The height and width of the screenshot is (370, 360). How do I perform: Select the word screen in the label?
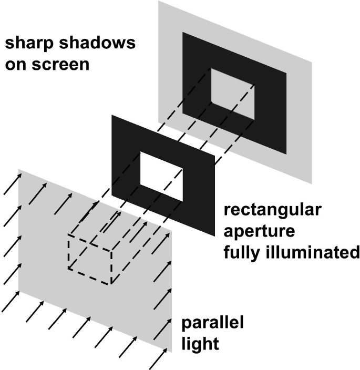[60, 65]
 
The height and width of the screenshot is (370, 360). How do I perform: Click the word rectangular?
[272, 211]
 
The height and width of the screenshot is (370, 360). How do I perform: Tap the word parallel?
[212, 323]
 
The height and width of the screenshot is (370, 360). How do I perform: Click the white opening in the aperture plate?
[161, 177]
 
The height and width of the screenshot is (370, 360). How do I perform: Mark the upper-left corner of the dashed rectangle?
[68, 234]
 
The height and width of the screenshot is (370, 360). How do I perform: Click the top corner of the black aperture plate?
[112, 115]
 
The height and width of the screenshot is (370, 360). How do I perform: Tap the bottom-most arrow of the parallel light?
[157, 360]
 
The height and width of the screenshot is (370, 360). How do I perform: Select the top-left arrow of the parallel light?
[13, 184]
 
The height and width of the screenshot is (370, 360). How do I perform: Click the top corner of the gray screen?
[159, 1]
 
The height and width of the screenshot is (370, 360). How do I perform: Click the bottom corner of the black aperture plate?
[214, 236]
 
